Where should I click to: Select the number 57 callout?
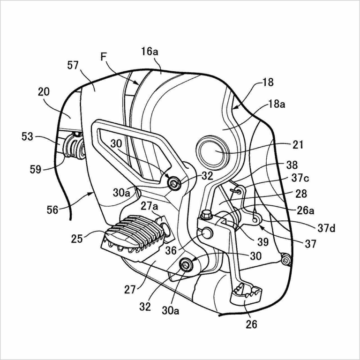73,65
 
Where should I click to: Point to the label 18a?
276,105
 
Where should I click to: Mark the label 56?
52,210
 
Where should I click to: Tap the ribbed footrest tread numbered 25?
136,232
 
